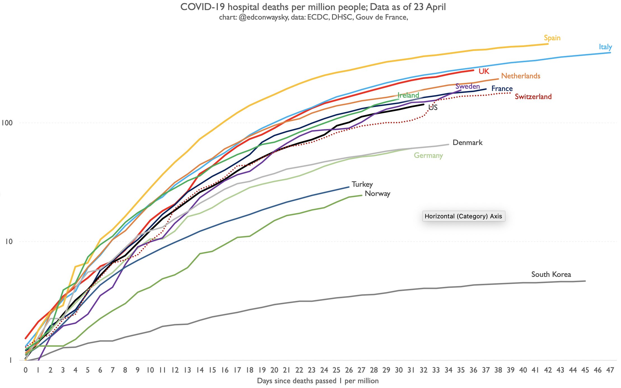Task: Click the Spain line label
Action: point(552,38)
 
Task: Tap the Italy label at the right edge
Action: point(605,47)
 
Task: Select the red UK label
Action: point(484,71)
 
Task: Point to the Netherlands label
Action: point(520,76)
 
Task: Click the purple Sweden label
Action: point(468,86)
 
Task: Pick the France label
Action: point(502,89)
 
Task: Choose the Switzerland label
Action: point(533,97)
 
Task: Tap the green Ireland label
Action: point(408,95)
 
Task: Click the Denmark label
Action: point(467,142)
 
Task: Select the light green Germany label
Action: point(428,155)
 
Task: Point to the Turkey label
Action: point(362,184)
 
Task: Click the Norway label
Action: point(377,193)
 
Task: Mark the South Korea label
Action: point(551,274)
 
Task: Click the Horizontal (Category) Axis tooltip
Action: point(463,216)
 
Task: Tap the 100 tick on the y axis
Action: point(7,123)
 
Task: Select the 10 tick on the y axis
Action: point(9,241)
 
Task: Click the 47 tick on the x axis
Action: point(610,370)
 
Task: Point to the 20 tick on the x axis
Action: point(274,370)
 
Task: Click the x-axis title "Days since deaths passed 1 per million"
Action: point(317,381)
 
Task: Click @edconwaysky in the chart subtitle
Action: point(263,17)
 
